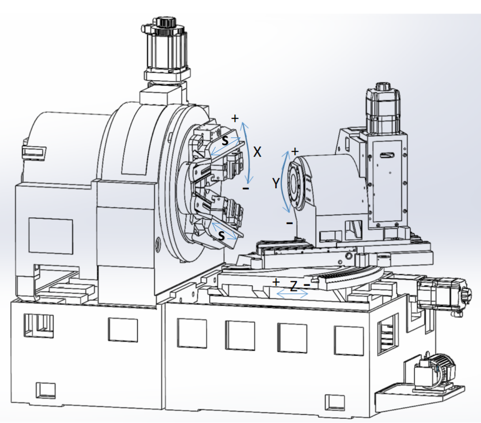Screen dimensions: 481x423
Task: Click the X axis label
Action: (x=257, y=152)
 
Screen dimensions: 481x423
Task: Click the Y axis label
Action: (x=276, y=183)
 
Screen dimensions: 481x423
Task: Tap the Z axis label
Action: (x=294, y=286)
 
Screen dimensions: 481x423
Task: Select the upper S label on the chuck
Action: (x=225, y=141)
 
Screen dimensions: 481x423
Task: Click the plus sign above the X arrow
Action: (x=235, y=118)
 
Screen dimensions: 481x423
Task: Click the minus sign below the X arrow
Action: (x=246, y=188)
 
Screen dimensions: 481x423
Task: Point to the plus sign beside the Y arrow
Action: (x=295, y=151)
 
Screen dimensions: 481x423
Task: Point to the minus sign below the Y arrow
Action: (x=289, y=223)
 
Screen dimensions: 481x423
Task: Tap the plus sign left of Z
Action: (x=276, y=282)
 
